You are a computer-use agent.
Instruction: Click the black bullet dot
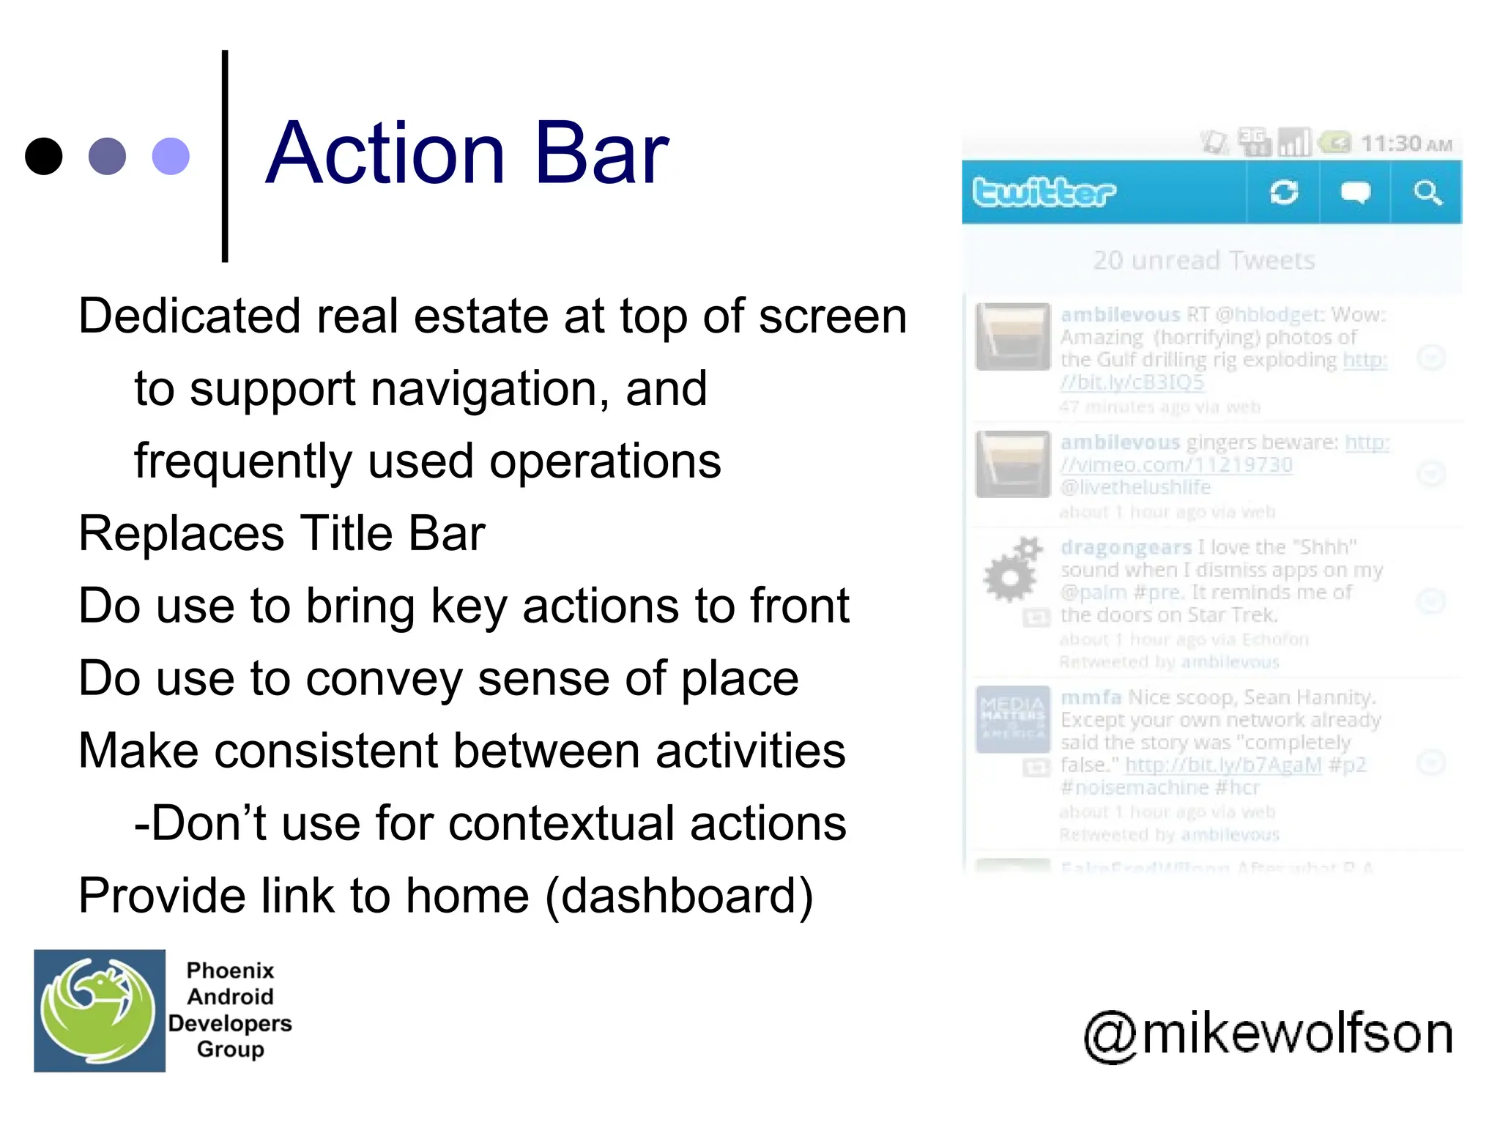[x=43, y=156]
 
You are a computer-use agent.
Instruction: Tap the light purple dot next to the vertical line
[x=171, y=156]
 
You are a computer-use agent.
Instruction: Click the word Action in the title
[x=385, y=154]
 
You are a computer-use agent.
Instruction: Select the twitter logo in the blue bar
[x=1044, y=193]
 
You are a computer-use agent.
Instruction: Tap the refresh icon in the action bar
[x=1283, y=193]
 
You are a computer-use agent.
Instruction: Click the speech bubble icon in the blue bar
[x=1355, y=193]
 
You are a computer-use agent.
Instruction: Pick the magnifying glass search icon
[x=1427, y=193]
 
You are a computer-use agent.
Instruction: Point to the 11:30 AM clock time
[x=1405, y=144]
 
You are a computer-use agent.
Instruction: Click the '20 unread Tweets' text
[x=1203, y=261]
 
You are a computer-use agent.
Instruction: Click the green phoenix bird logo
[x=99, y=1011]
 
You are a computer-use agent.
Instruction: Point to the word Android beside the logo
[x=230, y=997]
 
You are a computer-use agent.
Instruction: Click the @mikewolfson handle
[x=1268, y=1033]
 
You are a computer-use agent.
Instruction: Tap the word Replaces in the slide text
[x=181, y=533]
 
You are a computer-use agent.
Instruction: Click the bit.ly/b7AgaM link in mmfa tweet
[x=1222, y=765]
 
